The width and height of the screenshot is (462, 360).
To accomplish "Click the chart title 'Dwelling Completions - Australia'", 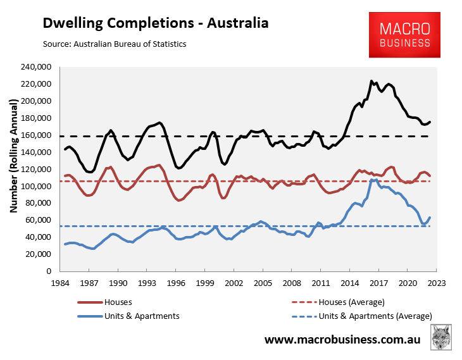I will click(x=155, y=23).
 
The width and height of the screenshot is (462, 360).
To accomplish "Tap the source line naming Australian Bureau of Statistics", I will click(x=115, y=44).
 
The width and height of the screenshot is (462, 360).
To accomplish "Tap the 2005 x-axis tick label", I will click(x=263, y=283).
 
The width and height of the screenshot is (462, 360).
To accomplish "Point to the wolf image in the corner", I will click(x=441, y=338).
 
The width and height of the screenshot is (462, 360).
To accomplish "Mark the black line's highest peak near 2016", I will click(x=371, y=81).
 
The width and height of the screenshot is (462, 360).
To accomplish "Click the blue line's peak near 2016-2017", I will click(x=373, y=180).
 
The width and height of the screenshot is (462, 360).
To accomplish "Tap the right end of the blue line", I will click(x=430, y=218).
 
